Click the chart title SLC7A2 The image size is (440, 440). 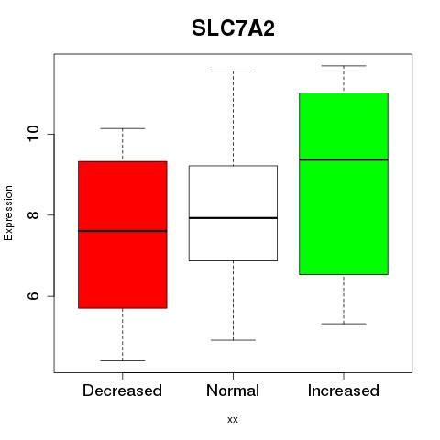(x=233, y=28)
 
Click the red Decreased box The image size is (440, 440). (x=123, y=235)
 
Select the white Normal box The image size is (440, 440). (x=233, y=214)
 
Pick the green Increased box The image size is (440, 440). (x=344, y=183)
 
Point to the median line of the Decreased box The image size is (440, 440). (x=123, y=231)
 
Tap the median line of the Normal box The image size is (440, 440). (x=233, y=218)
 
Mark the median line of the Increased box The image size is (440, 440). (x=344, y=159)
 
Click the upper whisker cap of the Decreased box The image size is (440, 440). (x=123, y=128)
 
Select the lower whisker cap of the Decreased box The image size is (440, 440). (x=123, y=360)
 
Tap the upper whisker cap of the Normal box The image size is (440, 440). (x=233, y=71)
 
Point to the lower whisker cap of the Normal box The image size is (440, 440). (x=233, y=340)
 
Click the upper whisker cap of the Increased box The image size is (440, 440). (x=344, y=66)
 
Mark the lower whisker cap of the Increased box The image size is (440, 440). (x=344, y=324)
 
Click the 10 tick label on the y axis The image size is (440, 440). (x=33, y=134)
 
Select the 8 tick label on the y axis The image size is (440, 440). (x=33, y=214)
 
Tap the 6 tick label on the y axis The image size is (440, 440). (x=33, y=296)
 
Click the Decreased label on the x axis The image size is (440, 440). (x=122, y=390)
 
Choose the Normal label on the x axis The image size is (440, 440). (x=233, y=390)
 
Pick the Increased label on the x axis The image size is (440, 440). (x=344, y=390)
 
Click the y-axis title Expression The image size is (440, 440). (x=8, y=214)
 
